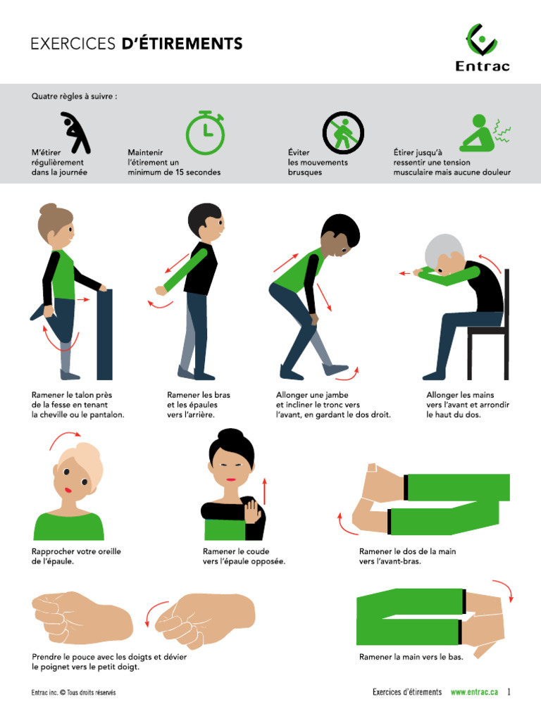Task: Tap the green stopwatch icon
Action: click(205, 133)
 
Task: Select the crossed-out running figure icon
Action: click(343, 133)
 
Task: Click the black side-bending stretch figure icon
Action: click(75, 133)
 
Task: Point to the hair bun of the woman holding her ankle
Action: click(48, 209)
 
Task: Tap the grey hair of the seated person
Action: click(444, 249)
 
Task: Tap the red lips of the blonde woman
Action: click(68, 490)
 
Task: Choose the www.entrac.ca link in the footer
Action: click(474, 692)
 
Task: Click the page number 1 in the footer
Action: click(509, 692)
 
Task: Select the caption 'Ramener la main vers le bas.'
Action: click(411, 656)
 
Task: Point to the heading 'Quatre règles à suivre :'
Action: click(74, 96)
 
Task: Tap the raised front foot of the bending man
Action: click(337, 369)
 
